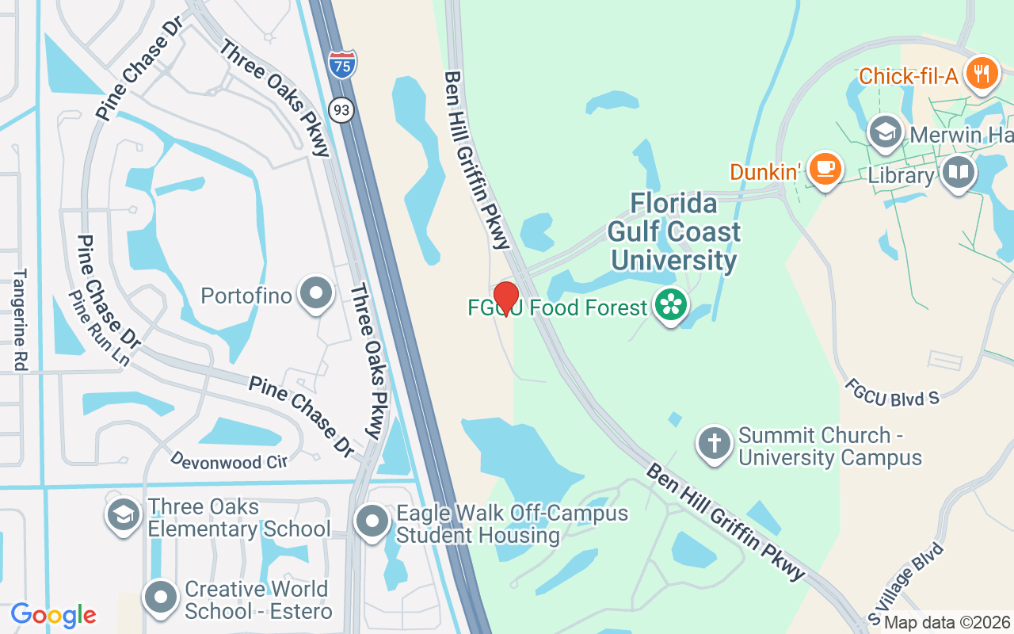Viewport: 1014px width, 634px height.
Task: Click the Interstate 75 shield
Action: click(x=342, y=63)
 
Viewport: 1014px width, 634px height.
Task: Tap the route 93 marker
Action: click(x=341, y=111)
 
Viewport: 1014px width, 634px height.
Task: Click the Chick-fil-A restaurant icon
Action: click(x=982, y=74)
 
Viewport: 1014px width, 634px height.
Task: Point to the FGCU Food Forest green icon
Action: click(x=671, y=306)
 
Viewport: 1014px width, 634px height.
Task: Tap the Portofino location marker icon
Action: click(x=317, y=293)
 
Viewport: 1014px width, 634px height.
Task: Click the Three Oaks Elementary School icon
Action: click(x=123, y=515)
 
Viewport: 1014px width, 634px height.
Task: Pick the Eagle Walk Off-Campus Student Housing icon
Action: click(x=372, y=522)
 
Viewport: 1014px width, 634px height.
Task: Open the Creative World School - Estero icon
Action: click(x=162, y=598)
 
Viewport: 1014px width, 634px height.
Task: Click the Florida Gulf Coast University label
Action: click(x=674, y=231)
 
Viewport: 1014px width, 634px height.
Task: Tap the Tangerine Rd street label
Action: click(x=20, y=319)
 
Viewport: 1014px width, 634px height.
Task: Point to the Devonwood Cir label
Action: click(x=229, y=460)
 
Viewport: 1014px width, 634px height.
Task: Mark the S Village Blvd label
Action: click(x=907, y=581)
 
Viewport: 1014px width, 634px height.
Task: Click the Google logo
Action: click(x=53, y=614)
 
